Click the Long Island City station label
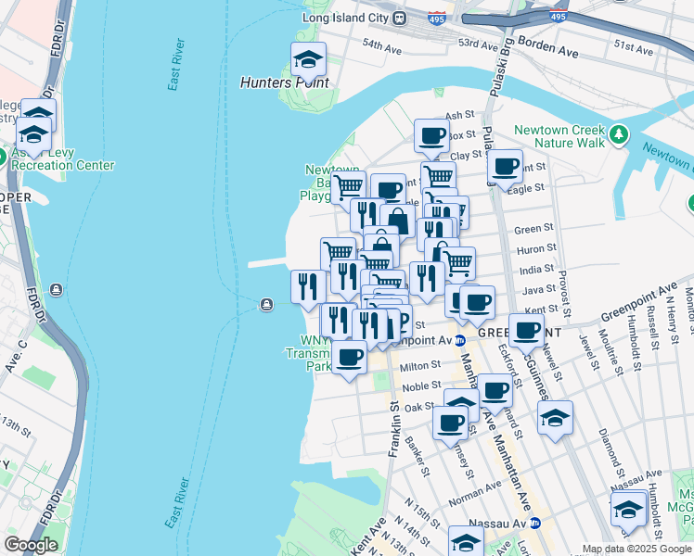pyautogui.click(x=346, y=17)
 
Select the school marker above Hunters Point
pyautogui.click(x=308, y=61)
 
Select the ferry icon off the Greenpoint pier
pyautogui.click(x=267, y=304)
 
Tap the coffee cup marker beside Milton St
pyautogui.click(x=349, y=358)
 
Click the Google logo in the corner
pyautogui.click(x=32, y=545)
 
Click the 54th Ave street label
pyautogui.click(x=384, y=44)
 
